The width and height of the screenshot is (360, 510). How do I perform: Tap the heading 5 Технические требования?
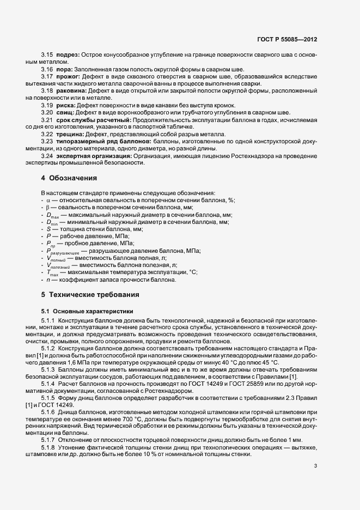(x=90, y=294)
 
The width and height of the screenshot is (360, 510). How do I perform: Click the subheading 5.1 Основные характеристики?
(x=83, y=311)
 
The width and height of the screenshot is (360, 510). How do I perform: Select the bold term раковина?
(x=70, y=90)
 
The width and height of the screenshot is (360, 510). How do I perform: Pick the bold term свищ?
(x=65, y=112)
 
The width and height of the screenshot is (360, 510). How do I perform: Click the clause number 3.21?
(x=46, y=119)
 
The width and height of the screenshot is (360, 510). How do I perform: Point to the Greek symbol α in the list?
(x=48, y=201)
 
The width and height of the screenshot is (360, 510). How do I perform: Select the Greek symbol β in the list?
(x=48, y=208)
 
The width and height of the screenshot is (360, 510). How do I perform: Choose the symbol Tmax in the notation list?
(x=51, y=272)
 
